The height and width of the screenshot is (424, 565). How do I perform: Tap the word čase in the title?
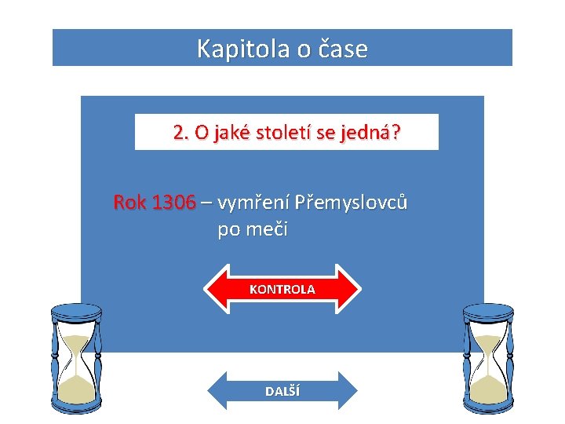pos(342,49)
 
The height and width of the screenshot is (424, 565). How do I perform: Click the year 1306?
pos(173,203)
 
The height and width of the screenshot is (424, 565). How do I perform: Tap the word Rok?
pos(130,203)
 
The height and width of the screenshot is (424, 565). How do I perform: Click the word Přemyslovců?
pos(351,203)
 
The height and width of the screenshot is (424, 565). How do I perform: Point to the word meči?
pos(269,230)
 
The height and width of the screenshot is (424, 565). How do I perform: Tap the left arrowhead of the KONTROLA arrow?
pos(216,289)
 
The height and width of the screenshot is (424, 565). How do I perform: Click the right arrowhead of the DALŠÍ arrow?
pos(350,391)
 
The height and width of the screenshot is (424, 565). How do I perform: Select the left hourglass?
pos(76,357)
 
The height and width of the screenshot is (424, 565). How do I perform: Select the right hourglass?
pos(488,357)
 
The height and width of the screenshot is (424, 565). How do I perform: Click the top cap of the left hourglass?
pos(76,309)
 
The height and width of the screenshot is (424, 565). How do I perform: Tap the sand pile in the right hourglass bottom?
pos(488,387)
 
